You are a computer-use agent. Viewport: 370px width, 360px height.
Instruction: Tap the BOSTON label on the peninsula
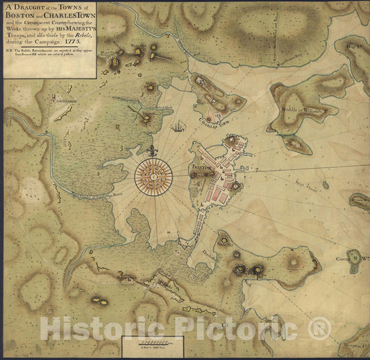201,168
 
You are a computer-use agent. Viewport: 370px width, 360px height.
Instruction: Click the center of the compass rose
153,176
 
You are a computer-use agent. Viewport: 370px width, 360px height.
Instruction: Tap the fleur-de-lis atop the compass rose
153,149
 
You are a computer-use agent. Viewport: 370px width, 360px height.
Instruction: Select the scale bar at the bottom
151,343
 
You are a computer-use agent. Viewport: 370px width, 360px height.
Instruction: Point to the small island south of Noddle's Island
294,144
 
